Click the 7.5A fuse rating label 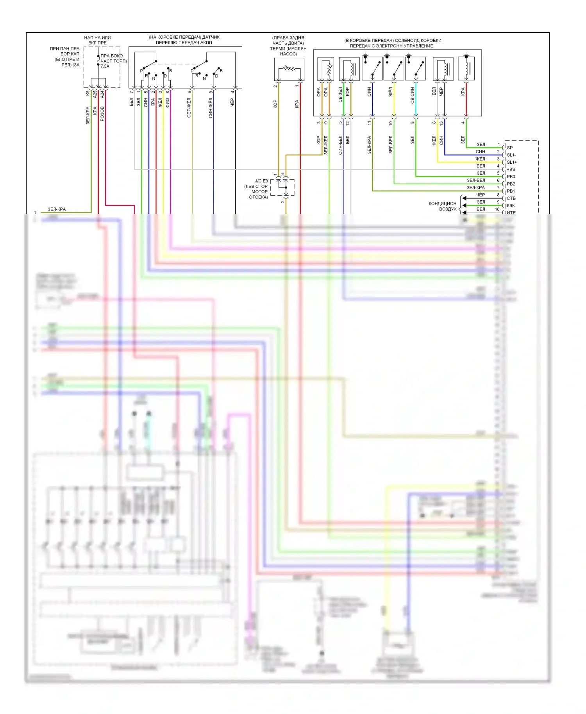tap(105, 66)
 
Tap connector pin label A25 tap(95, 94)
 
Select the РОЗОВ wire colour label tap(102, 114)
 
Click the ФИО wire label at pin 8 tap(168, 102)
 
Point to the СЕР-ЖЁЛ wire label tap(189, 108)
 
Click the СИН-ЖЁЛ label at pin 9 tap(211, 108)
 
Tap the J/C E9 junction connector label tap(261, 181)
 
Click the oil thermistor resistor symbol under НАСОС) tap(289, 68)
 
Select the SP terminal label tap(509, 148)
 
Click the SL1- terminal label tap(511, 155)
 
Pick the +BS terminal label tap(511, 170)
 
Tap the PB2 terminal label tap(511, 184)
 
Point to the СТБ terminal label tap(511, 198)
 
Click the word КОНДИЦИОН tap(442, 203)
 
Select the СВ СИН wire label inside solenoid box tap(413, 95)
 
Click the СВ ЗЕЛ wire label tap(340, 95)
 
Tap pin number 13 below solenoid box tap(441, 123)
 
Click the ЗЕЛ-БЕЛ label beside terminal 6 tap(476, 180)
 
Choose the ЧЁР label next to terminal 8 tap(481, 195)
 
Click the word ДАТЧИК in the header tap(211, 37)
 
